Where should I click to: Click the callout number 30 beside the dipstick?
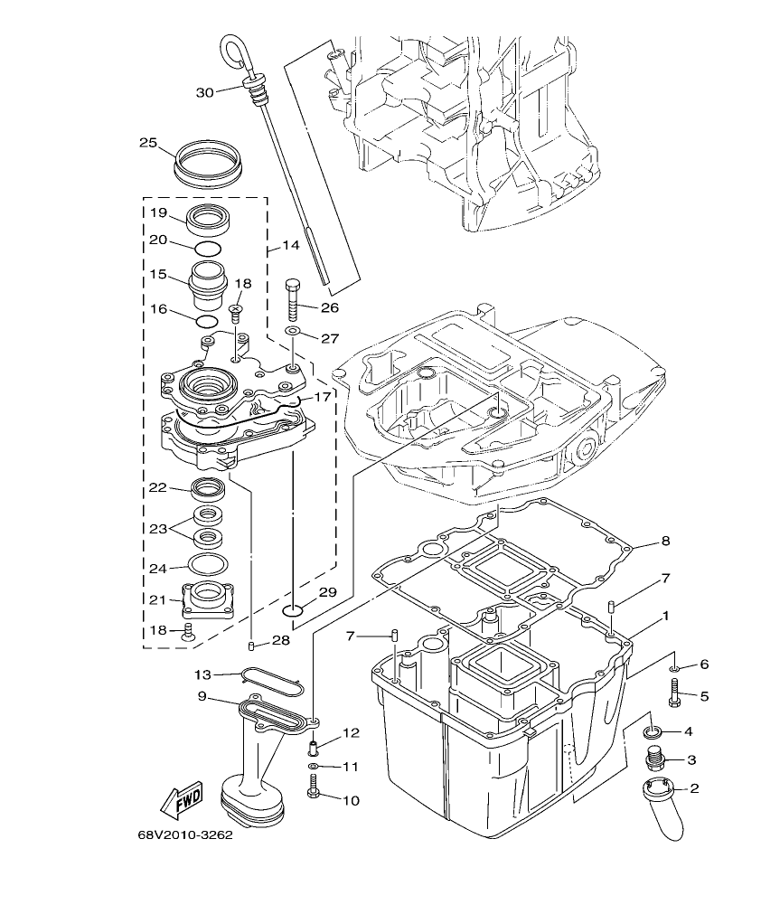point(204,92)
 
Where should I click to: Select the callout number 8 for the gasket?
point(664,542)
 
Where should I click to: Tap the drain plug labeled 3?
point(655,759)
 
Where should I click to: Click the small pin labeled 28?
point(251,645)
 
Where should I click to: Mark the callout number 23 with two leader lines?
point(158,527)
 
